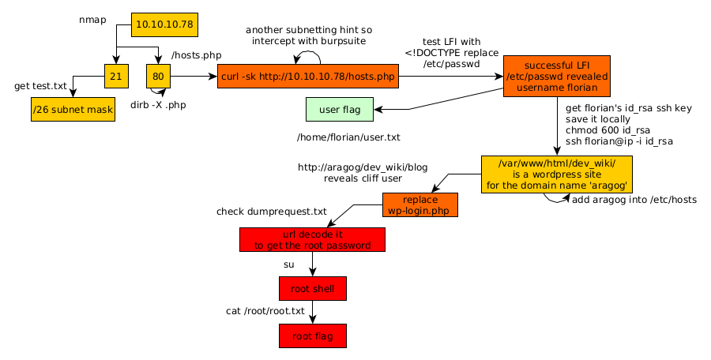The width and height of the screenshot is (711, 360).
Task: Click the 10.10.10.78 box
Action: point(164,24)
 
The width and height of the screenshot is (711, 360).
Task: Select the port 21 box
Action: point(116,76)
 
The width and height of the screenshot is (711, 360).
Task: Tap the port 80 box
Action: point(158,76)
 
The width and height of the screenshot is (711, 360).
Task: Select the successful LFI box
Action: point(557,76)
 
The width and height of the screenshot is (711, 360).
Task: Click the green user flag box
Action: point(339,109)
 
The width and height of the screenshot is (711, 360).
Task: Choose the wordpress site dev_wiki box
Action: point(558,174)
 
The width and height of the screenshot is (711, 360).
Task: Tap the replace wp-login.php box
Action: point(420,204)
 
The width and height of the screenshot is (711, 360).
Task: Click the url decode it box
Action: point(312,240)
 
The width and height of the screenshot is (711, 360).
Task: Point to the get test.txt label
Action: point(40,85)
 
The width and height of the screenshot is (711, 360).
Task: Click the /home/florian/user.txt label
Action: point(348,137)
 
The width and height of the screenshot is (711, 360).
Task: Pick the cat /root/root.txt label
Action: point(265,311)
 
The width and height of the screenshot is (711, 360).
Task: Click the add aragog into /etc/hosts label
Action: point(634,200)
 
